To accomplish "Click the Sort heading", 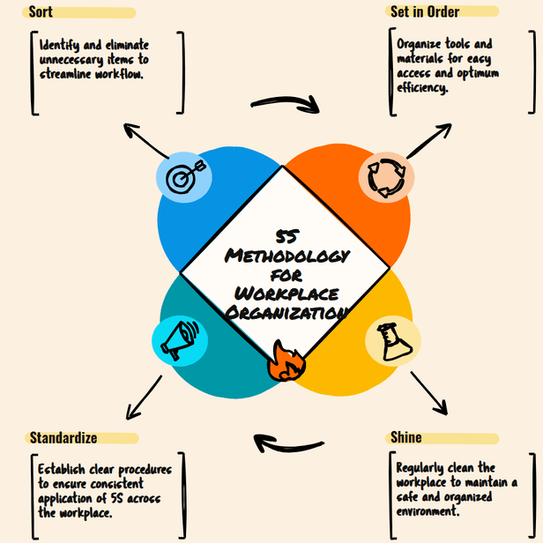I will (x=41, y=12).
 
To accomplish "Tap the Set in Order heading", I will (x=425, y=12).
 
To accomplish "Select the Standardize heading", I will (x=63, y=437).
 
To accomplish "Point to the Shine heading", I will (x=405, y=437).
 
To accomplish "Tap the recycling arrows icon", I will (x=386, y=176).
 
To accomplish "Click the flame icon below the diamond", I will (x=285, y=361).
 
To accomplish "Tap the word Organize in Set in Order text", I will (x=420, y=44).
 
